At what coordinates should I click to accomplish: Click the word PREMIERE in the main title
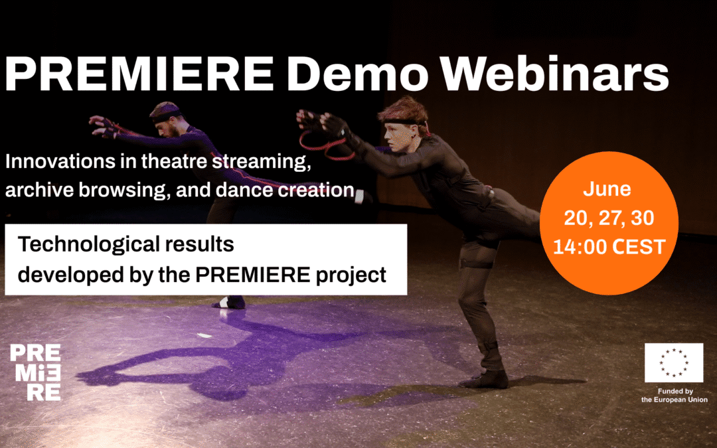[139, 74]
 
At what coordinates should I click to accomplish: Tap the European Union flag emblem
[673, 363]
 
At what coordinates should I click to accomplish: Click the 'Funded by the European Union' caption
[674, 396]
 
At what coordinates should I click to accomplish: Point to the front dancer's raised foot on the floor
[484, 380]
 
